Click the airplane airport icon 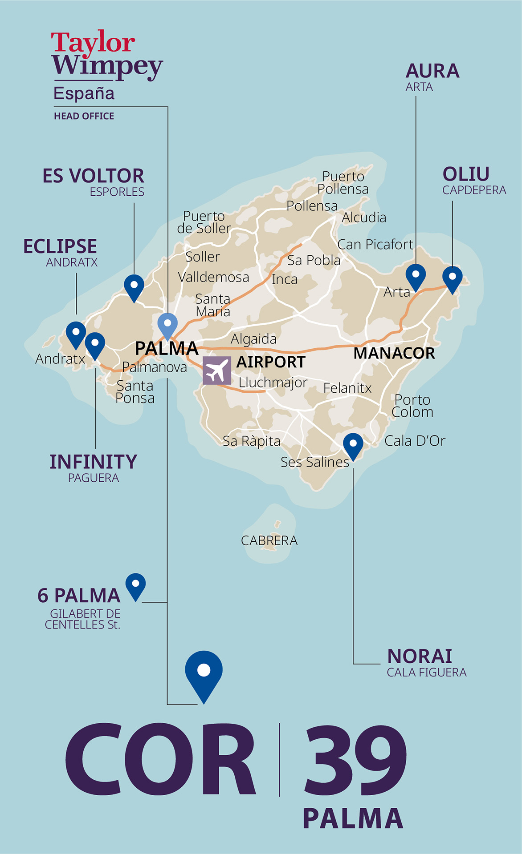[217, 371]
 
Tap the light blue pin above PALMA [167, 325]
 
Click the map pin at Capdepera [452, 278]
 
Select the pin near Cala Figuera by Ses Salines [353, 445]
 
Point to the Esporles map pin [134, 286]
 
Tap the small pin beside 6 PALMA [135, 585]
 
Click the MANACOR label [394, 353]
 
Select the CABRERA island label [269, 541]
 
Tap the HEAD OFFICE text [84, 116]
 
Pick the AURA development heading [432, 71]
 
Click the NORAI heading [420, 657]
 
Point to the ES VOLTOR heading [93, 176]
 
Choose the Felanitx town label [347, 388]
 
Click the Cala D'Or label [414, 441]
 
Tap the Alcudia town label [363, 218]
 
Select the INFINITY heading [93, 462]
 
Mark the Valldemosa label [213, 278]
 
